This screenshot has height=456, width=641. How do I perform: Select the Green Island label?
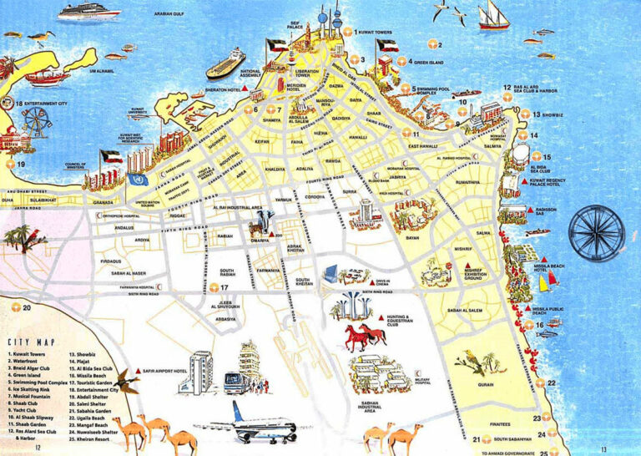[x=431, y=61]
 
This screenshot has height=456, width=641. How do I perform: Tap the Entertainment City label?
[x=47, y=104]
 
